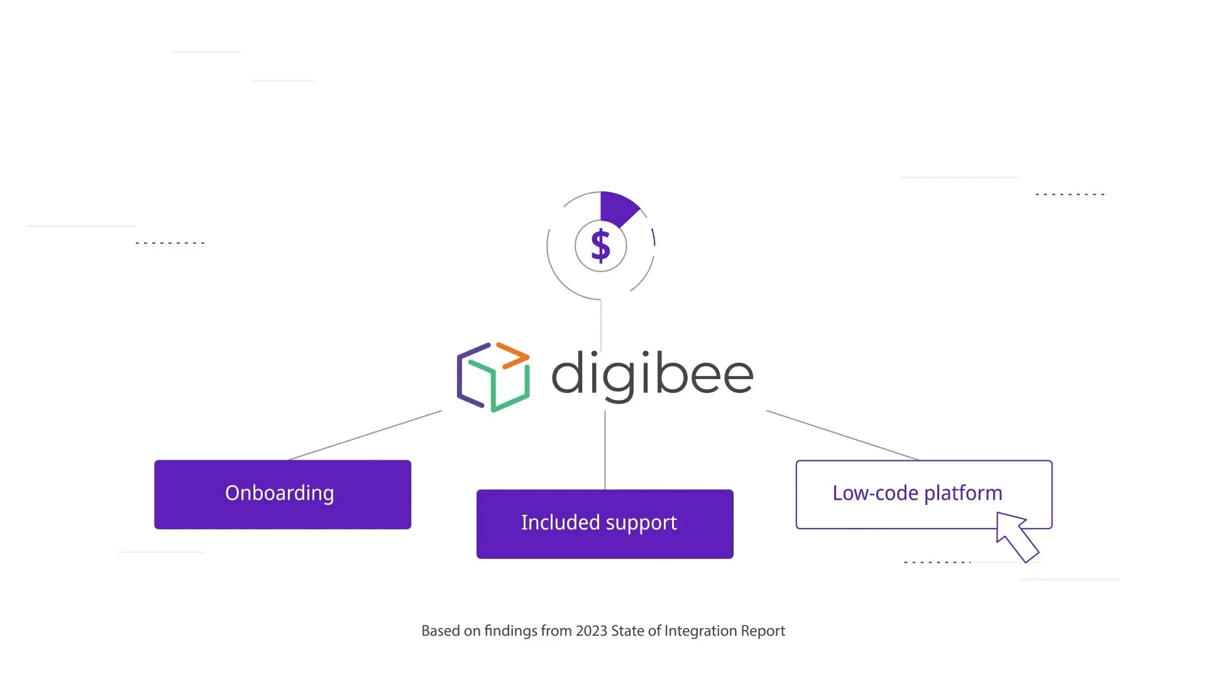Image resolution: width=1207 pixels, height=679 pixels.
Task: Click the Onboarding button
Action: pyautogui.click(x=282, y=494)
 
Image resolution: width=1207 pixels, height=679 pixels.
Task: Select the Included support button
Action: pyautogui.click(x=605, y=524)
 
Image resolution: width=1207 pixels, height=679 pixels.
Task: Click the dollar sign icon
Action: pyautogui.click(x=601, y=245)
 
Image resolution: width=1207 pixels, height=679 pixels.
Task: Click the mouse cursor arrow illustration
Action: pyautogui.click(x=1016, y=536)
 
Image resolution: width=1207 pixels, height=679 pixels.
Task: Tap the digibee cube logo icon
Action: pyautogui.click(x=493, y=377)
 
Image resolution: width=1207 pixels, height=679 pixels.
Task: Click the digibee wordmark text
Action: pyautogui.click(x=652, y=375)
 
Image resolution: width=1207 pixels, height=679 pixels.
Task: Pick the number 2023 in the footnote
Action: pyautogui.click(x=591, y=631)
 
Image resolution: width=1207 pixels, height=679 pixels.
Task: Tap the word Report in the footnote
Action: pyautogui.click(x=763, y=631)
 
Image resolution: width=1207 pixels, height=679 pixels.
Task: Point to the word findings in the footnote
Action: pyautogui.click(x=510, y=631)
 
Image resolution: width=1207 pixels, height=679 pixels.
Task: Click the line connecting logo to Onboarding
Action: pyautogui.click(x=365, y=435)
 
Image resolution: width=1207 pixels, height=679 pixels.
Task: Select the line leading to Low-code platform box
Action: pyautogui.click(x=842, y=435)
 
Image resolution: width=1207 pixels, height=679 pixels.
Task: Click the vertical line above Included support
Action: pyautogui.click(x=605, y=450)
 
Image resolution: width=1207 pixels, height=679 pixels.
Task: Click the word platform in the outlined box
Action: pyautogui.click(x=962, y=494)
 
